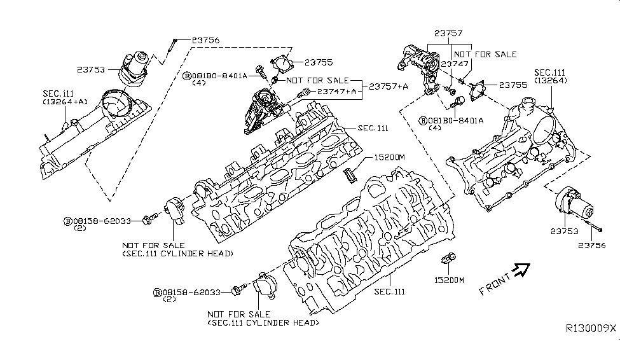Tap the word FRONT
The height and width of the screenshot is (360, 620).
click(x=494, y=283)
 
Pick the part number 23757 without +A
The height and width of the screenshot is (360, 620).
click(x=448, y=33)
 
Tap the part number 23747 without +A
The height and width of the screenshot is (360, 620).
click(x=455, y=64)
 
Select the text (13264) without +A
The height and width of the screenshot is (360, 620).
click(x=551, y=81)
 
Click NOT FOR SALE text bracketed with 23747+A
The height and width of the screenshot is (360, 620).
click(x=317, y=81)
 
